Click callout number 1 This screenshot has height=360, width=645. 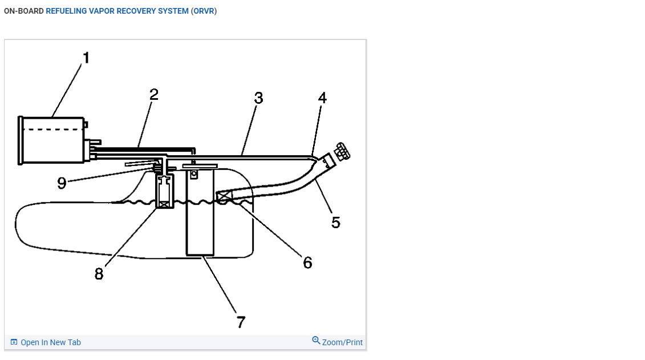pyautogui.click(x=86, y=58)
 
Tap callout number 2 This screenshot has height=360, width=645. pyautogui.click(x=153, y=94)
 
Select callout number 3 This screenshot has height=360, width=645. pyautogui.click(x=258, y=98)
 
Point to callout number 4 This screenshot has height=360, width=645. pyautogui.click(x=322, y=98)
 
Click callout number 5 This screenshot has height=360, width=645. pyautogui.click(x=336, y=223)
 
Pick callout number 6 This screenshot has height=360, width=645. pyautogui.click(x=307, y=262)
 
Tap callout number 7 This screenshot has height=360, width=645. pyautogui.click(x=241, y=322)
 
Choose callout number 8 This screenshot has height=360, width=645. pyautogui.click(x=99, y=274)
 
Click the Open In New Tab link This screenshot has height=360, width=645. pyautogui.click(x=50, y=342)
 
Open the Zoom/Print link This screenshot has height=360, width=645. pyautogui.click(x=342, y=342)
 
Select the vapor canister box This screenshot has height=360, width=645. pyautogui.click(x=51, y=141)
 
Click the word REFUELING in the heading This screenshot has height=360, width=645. pyautogui.click(x=66, y=11)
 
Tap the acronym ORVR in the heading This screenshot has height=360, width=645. pyautogui.click(x=204, y=11)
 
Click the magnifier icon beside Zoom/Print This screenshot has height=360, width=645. pyautogui.click(x=316, y=341)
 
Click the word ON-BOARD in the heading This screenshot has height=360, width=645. pyautogui.click(x=23, y=11)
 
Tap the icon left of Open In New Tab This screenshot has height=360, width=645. pyautogui.click(x=14, y=342)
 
